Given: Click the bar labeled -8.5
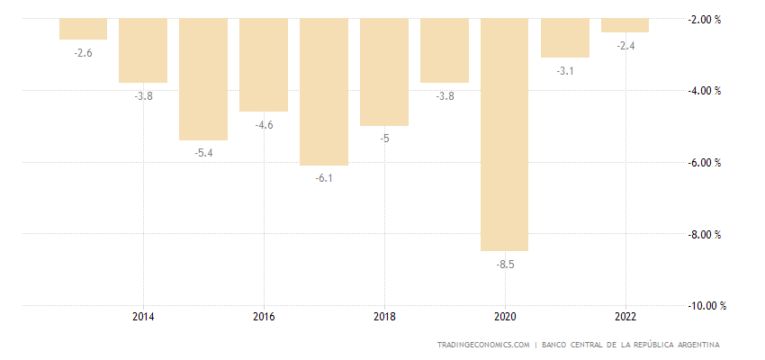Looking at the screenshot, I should click(504, 135).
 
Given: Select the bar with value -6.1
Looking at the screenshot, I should click(324, 92).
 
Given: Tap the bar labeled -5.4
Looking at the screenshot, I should click(203, 79).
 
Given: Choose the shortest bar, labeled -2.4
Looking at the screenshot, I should click(625, 25).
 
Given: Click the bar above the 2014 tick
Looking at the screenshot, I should click(143, 50).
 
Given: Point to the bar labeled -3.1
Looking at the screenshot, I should click(564, 38).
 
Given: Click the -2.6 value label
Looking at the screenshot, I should click(83, 53).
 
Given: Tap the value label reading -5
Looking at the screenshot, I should click(384, 139).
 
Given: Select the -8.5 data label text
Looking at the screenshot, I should click(505, 265).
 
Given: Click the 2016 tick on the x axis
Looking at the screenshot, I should click(264, 317).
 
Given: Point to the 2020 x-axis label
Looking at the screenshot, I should click(505, 317).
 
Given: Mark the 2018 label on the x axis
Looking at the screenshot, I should click(384, 317).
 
